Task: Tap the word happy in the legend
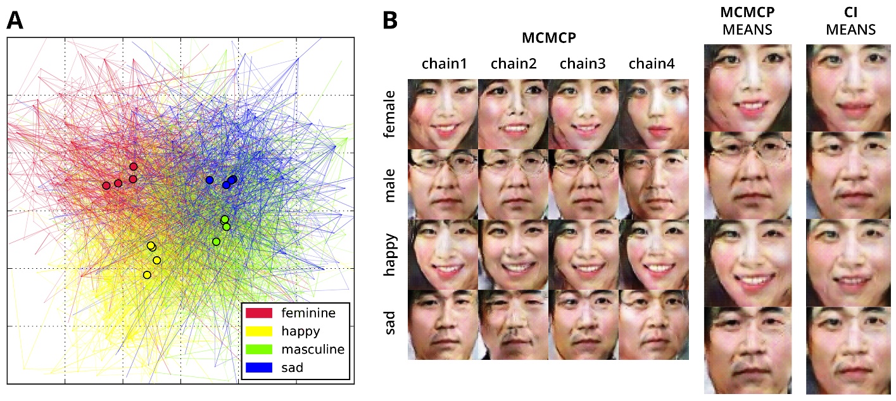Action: (301, 331)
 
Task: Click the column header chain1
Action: (445, 64)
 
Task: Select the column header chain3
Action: (583, 64)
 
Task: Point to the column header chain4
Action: (652, 64)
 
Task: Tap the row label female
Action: (390, 114)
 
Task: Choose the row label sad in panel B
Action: (390, 323)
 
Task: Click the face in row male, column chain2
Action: (513, 184)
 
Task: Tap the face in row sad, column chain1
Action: (443, 324)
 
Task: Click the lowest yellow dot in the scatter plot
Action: (147, 275)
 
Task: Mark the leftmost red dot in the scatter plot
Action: (106, 185)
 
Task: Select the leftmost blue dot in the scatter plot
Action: (210, 180)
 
